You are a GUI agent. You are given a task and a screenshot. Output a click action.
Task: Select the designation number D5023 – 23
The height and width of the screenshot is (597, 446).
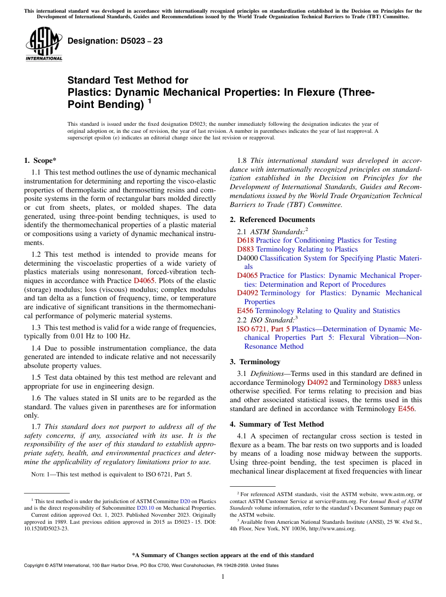tap(115, 41)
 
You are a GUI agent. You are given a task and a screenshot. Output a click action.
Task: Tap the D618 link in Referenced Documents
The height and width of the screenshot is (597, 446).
tap(245, 240)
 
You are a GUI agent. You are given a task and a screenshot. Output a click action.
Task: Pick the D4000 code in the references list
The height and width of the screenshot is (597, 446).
tap(247, 258)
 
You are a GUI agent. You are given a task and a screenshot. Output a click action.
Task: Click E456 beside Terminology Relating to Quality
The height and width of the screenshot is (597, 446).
tap(245, 311)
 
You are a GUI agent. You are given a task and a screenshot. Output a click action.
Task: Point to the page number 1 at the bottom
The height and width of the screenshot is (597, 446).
tap(223, 577)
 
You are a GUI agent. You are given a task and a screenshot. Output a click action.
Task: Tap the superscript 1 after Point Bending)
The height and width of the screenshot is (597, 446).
tap(149, 101)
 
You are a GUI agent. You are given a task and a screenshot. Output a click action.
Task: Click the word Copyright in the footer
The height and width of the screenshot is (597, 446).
tap(33, 566)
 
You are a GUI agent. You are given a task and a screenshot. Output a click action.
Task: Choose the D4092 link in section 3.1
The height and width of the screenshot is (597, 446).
tap(317, 383)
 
